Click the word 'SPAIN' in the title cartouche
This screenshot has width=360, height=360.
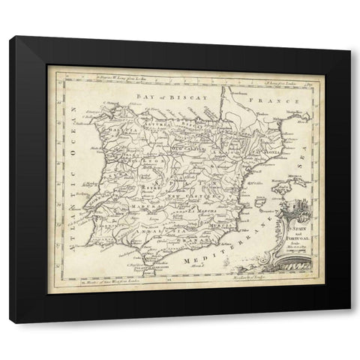point(292,214)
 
